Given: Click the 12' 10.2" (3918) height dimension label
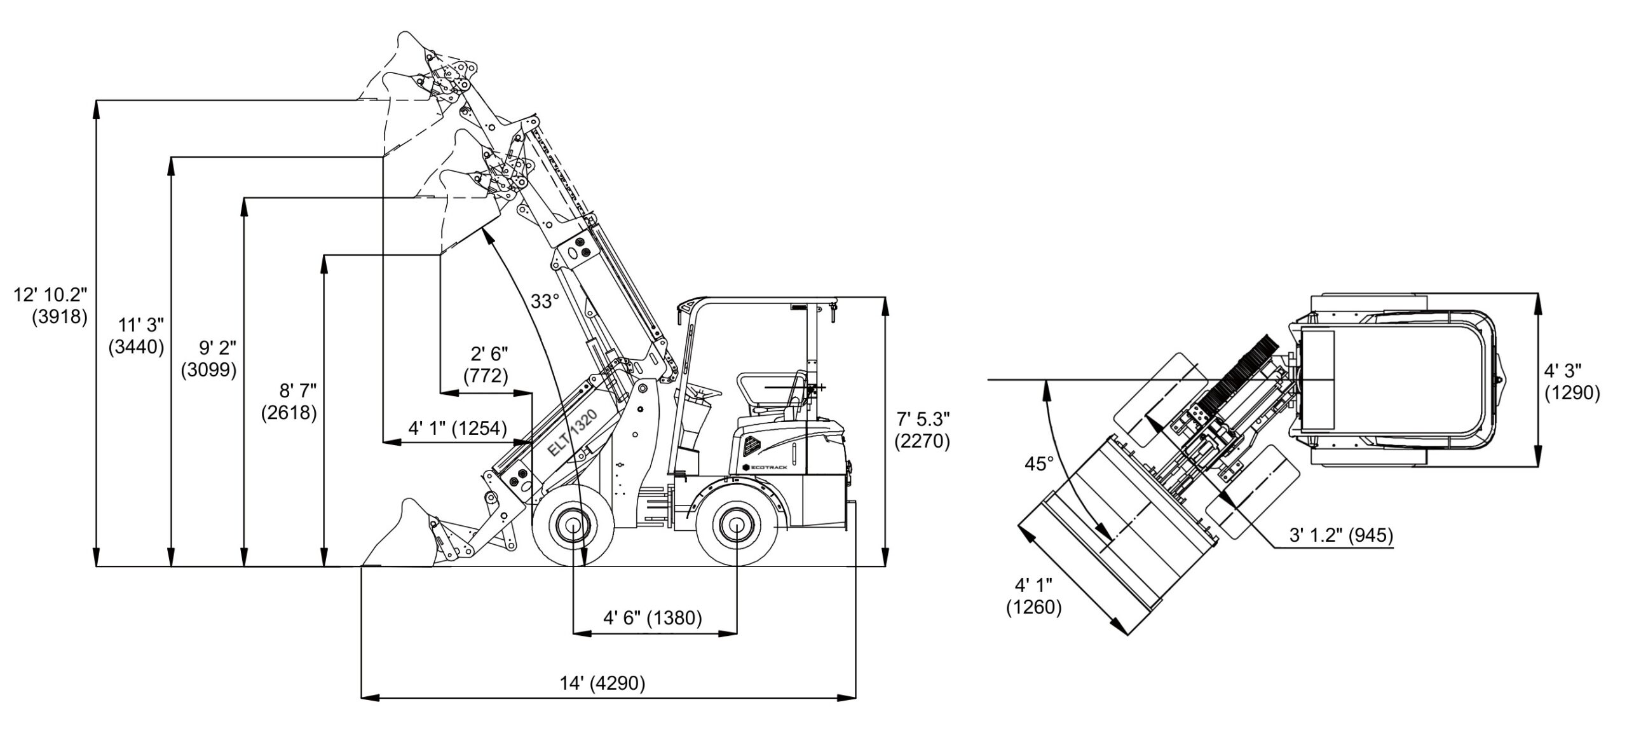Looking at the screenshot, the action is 51,306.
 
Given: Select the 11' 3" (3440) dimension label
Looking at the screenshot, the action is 136,336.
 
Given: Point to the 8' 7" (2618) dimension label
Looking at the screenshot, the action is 289,401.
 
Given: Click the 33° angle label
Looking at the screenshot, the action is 545,301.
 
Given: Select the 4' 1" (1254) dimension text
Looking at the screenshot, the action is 457,429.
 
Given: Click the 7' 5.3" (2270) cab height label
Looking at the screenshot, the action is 922,430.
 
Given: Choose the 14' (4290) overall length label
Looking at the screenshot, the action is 602,683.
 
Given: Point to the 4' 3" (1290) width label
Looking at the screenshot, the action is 1572,382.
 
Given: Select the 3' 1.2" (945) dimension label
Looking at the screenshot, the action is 1341,535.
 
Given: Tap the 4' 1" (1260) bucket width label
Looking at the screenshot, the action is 1033,596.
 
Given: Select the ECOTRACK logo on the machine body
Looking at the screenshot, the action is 770,467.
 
